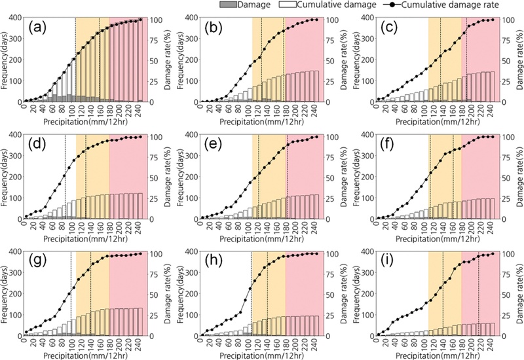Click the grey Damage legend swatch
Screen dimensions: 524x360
tap(228, 5)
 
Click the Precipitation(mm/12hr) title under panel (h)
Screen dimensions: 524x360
tap(261, 355)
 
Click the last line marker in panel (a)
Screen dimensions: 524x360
tap(140, 20)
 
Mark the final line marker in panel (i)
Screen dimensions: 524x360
tap(493, 254)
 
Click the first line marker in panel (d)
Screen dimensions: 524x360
tap(26, 217)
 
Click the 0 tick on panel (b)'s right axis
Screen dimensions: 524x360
tap(329, 102)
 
